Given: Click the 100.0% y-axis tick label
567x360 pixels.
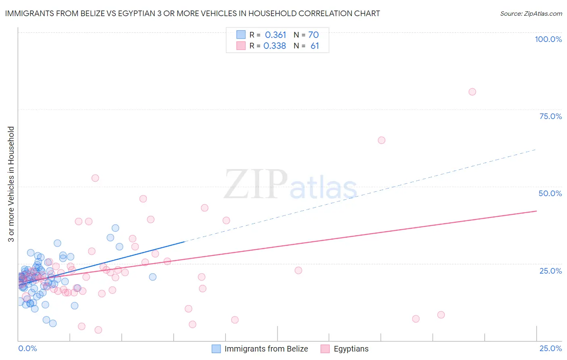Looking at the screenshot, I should tap(548, 39).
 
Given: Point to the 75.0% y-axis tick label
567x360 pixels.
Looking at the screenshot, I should tap(550, 116).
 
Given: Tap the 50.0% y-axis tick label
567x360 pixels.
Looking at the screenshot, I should tap(550, 193).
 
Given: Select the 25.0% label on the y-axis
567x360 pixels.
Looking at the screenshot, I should tap(550, 271).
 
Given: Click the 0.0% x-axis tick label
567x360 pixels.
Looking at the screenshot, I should tap(27, 348).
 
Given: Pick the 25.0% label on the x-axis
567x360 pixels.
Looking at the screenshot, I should tap(550, 348).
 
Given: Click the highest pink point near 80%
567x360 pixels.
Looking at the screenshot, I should tap(472, 92).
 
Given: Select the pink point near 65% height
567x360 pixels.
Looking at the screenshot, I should tap(381, 140).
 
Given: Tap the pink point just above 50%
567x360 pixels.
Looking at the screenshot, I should tap(95, 178).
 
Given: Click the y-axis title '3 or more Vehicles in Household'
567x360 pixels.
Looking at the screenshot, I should tap(11, 184).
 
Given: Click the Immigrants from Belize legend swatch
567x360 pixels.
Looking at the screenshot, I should tap(216, 349).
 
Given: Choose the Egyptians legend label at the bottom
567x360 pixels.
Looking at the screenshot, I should tap(351, 349).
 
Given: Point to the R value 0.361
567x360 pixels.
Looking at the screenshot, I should tap(275, 35).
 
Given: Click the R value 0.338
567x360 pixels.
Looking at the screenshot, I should tap(275, 46).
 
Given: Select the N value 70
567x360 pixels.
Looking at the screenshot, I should tap(313, 35).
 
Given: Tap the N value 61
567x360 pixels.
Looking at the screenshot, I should tap(315, 46).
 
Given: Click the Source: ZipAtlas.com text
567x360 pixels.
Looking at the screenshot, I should tap(531, 14).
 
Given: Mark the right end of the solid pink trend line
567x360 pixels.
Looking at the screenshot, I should tap(536, 211).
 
